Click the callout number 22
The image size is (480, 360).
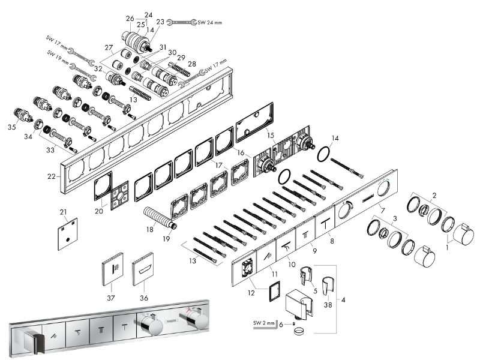pyautogui.click(x=52, y=176)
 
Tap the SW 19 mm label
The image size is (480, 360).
pyautogui.click(x=56, y=53)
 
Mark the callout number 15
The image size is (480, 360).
pyautogui.click(x=271, y=136)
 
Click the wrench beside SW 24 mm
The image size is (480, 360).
pyautogui.click(x=179, y=23)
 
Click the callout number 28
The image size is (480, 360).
pyautogui.click(x=191, y=63)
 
